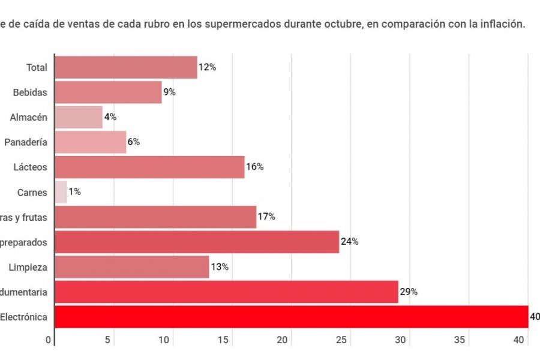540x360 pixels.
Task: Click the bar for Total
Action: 126,67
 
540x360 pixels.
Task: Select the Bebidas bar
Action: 108,92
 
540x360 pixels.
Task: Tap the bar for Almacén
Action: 79,117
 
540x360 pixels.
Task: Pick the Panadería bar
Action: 90,142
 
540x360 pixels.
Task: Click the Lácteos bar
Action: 149,167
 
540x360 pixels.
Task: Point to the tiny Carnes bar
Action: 61,192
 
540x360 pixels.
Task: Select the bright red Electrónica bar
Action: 291,316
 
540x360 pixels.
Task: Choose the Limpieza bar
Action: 131,266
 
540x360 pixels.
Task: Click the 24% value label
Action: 349,242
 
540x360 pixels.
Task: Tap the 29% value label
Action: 409,292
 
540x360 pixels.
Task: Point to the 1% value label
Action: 74,192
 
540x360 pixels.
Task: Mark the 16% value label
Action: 255,167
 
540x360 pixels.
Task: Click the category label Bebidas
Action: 30,92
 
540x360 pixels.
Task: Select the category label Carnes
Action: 32,193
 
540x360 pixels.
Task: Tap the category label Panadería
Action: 26,142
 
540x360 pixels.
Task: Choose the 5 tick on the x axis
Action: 108,340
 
